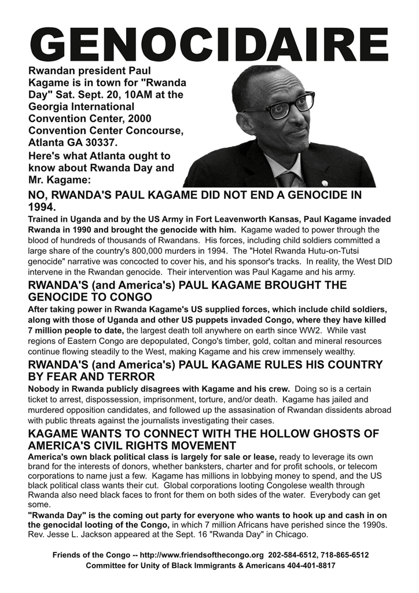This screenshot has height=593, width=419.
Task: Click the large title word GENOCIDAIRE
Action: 209,43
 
